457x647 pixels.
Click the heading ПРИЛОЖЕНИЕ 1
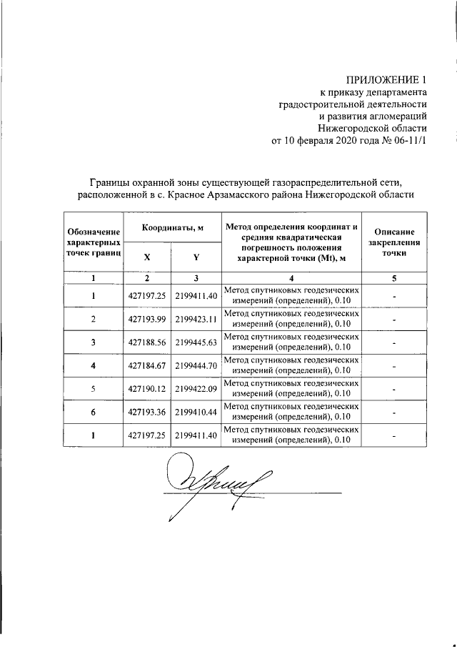pyautogui.click(x=386, y=79)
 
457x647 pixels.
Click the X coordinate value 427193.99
pyautogui.click(x=146, y=319)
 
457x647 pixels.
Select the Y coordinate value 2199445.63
pyautogui.click(x=195, y=342)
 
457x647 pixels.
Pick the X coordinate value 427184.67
pyautogui.click(x=146, y=366)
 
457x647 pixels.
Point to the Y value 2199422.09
pyautogui.click(x=195, y=390)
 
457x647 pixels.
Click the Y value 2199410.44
pyautogui.click(x=195, y=413)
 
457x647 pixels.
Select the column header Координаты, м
pyautogui.click(x=171, y=227)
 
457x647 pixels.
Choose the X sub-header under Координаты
pyautogui.click(x=146, y=257)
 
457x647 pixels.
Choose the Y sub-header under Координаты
pyautogui.click(x=195, y=257)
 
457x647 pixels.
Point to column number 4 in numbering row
pyautogui.click(x=291, y=278)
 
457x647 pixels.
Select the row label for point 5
pyautogui.click(x=93, y=390)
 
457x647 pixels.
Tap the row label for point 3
pyautogui.click(x=93, y=342)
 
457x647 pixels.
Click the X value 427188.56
pyautogui.click(x=146, y=342)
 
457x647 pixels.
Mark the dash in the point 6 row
pyautogui.click(x=394, y=413)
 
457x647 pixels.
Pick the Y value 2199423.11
pyautogui.click(x=195, y=319)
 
